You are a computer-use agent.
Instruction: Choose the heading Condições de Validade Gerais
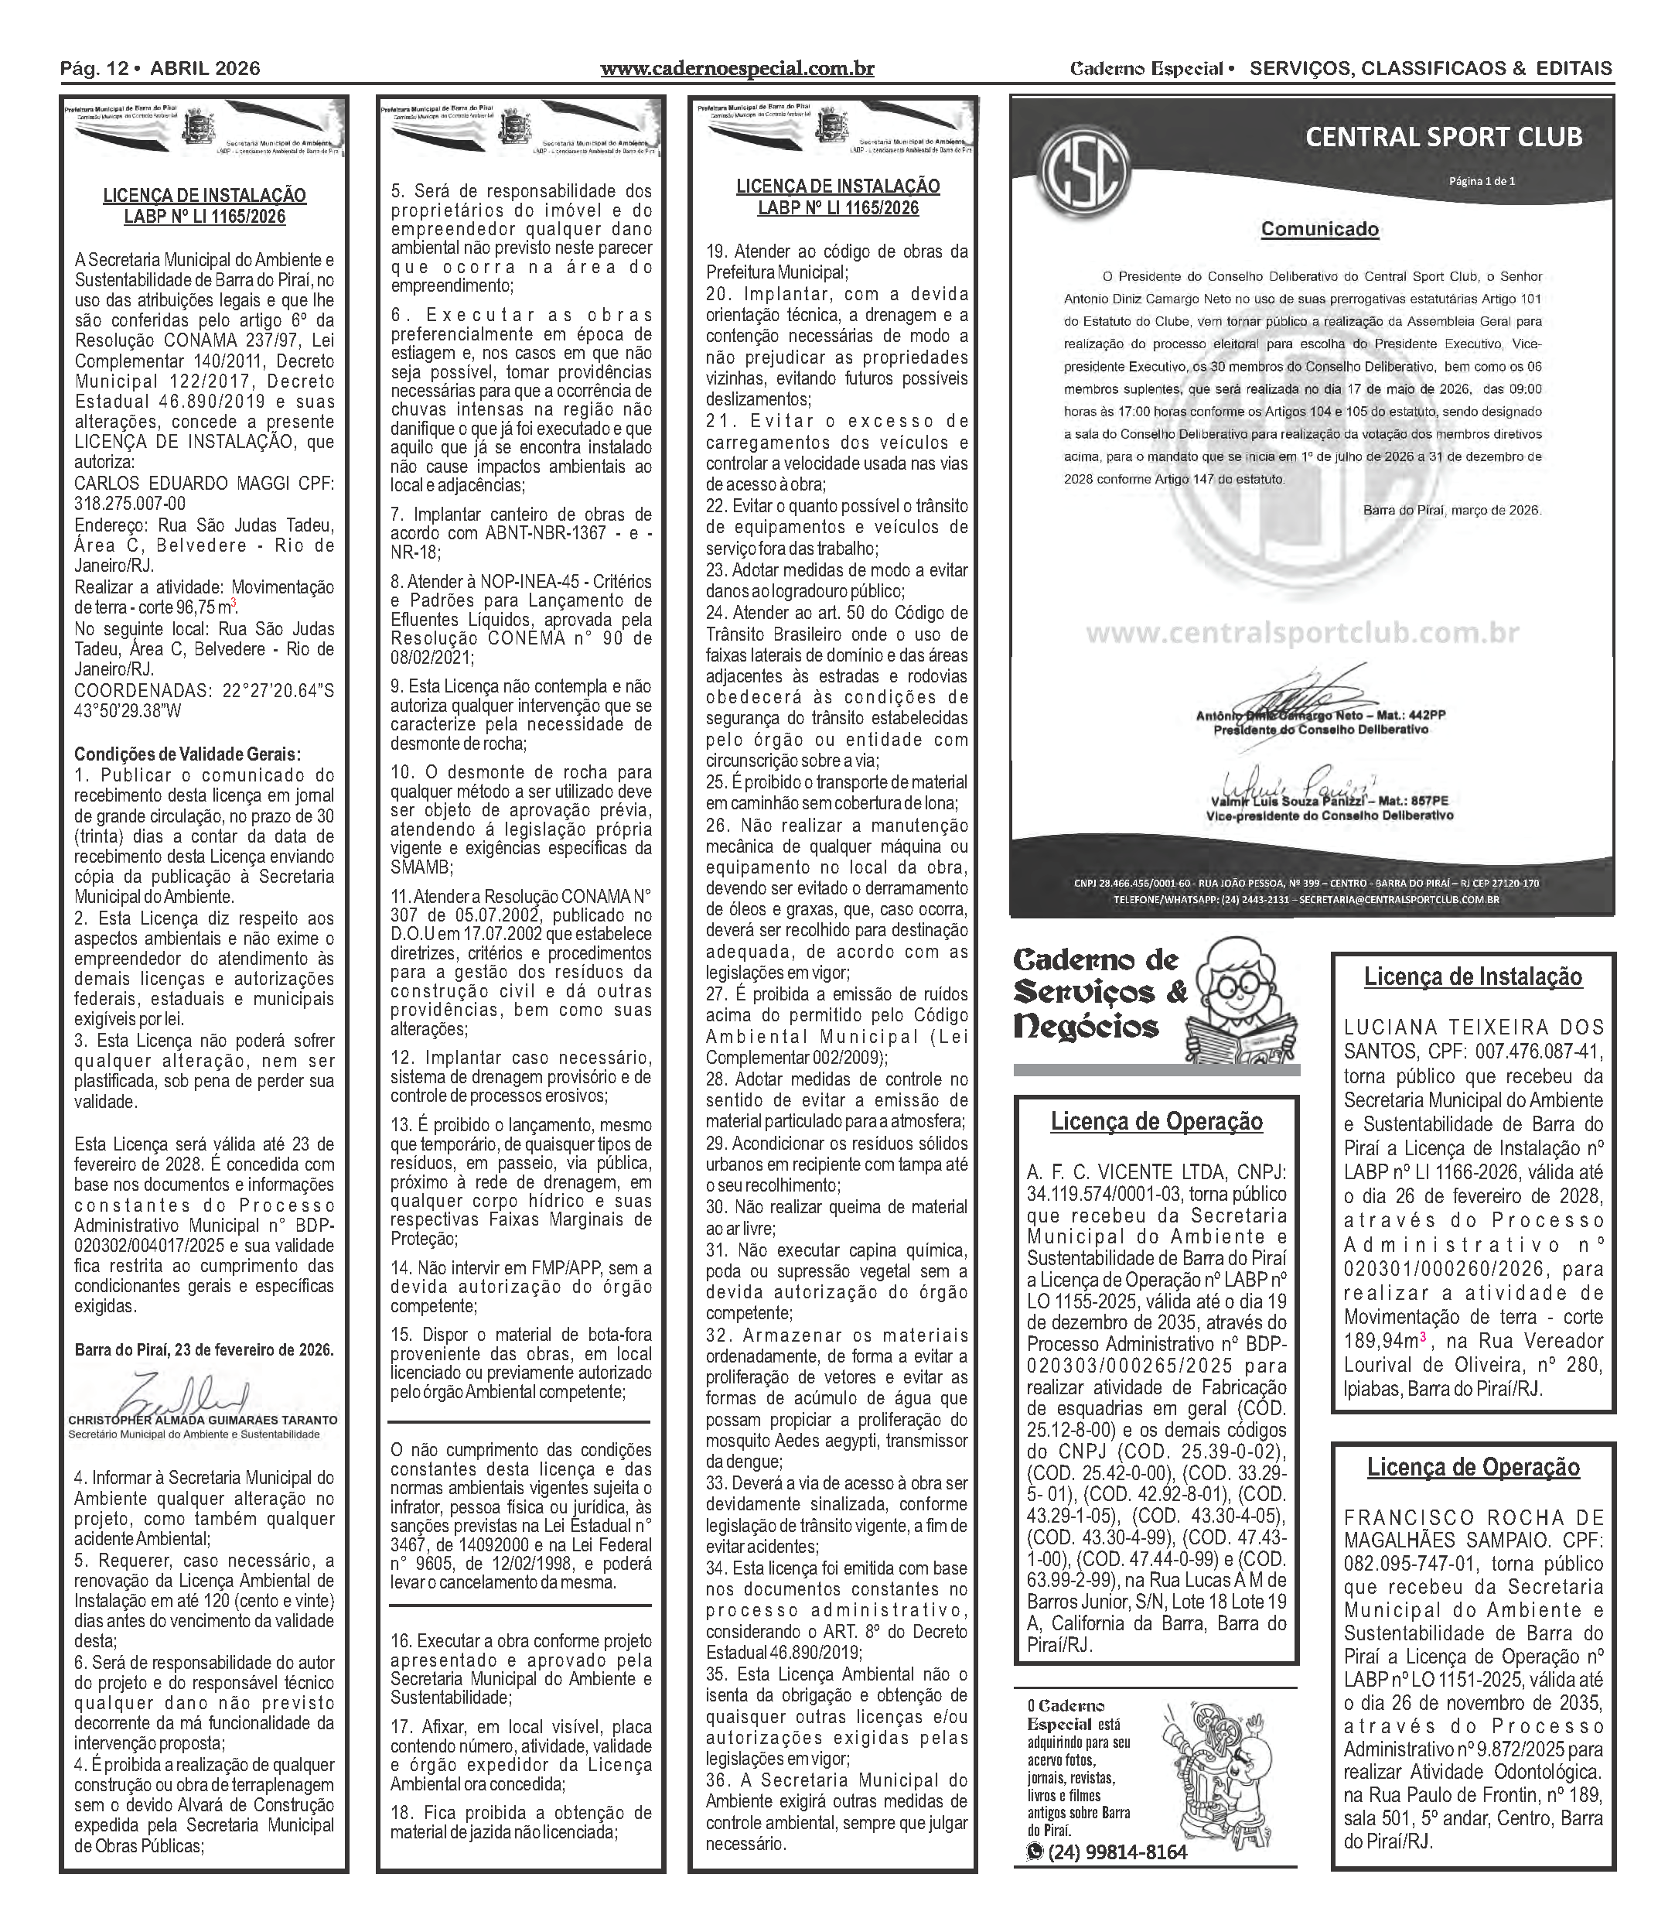tap(188, 754)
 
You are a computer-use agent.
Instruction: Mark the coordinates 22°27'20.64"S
tap(278, 690)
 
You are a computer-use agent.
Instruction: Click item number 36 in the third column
tap(717, 1780)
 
